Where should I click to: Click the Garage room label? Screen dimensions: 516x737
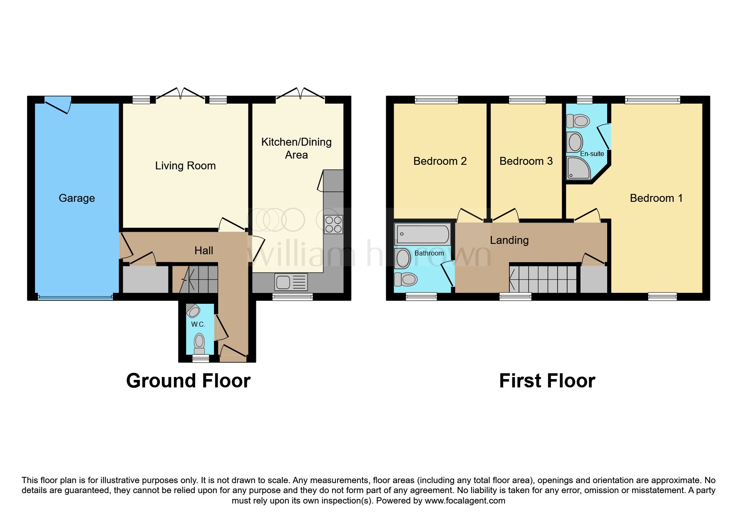coord(77,198)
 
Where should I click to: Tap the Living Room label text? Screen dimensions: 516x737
coord(185,166)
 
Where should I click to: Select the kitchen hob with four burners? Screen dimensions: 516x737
coord(333,224)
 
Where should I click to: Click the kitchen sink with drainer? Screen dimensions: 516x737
coord(291,282)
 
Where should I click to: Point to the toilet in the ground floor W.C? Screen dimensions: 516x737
coord(199,344)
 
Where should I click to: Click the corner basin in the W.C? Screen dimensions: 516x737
coord(193,311)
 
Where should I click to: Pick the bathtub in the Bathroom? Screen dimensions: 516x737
coord(422,234)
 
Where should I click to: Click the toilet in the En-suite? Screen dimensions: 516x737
coord(578,121)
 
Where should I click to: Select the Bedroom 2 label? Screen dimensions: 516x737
coord(440,161)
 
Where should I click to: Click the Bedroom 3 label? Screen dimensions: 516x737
coord(526,161)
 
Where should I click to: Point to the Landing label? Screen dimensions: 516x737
coord(509,240)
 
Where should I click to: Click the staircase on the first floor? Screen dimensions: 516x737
coord(543,279)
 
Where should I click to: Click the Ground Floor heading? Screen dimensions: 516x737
coord(188,381)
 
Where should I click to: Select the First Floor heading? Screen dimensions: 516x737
coord(547,381)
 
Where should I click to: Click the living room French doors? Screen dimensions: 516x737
coord(180,94)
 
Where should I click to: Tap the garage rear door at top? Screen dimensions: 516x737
coord(58,104)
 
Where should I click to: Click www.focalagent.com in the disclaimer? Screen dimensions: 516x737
coord(465,501)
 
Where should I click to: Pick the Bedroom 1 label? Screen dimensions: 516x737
coord(656,198)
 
